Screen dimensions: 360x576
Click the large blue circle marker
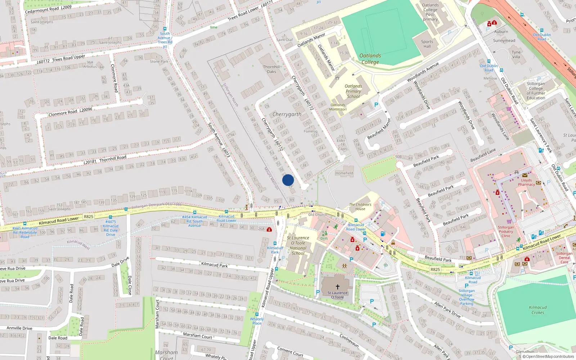[x=288, y=180]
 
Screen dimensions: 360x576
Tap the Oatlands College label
[x=370, y=59]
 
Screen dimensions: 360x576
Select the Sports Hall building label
[x=427, y=44]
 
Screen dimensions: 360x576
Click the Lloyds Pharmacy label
[x=526, y=182]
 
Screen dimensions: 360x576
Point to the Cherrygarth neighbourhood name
[x=287, y=114]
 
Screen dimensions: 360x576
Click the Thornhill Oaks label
[x=271, y=69]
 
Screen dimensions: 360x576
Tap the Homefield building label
[x=344, y=173]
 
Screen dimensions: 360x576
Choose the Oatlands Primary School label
[x=353, y=91]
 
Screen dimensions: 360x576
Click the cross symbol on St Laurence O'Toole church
[x=337, y=287]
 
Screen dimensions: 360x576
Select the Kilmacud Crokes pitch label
[x=538, y=310]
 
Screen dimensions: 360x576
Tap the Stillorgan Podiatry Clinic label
[x=506, y=231]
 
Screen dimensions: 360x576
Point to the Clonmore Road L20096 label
[x=70, y=112]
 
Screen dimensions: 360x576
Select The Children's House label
[x=360, y=207]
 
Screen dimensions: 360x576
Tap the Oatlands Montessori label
[x=338, y=107]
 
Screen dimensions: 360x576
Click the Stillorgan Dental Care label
[x=564, y=258]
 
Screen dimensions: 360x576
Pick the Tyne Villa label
[x=516, y=54]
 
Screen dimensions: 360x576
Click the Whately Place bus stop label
[x=257, y=321]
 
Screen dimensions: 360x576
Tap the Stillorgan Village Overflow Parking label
[x=467, y=297]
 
